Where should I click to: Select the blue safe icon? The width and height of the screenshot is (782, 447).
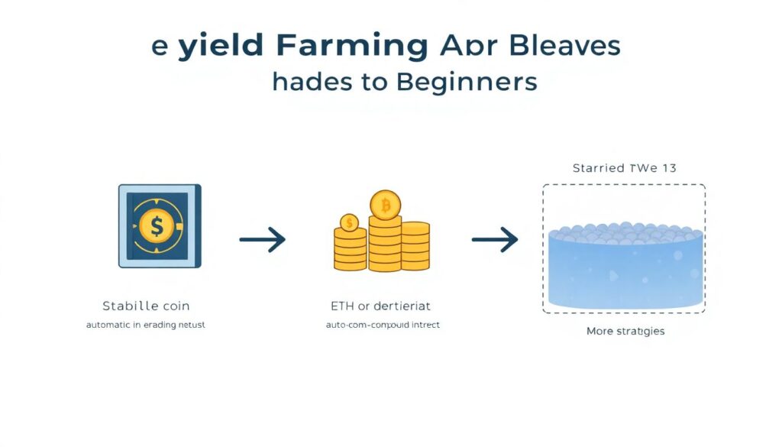(x=160, y=226)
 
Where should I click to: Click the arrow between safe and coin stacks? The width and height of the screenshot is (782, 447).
(x=262, y=240)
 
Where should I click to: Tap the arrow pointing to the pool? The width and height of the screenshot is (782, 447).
(x=495, y=240)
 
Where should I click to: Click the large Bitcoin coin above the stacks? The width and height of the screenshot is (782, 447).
(x=386, y=206)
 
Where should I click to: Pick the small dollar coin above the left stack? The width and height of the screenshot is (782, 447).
(x=349, y=222)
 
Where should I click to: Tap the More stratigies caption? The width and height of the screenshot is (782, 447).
(x=625, y=331)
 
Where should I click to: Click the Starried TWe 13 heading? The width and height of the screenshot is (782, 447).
(x=624, y=168)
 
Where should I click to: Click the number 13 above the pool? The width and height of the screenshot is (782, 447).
(x=668, y=168)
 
